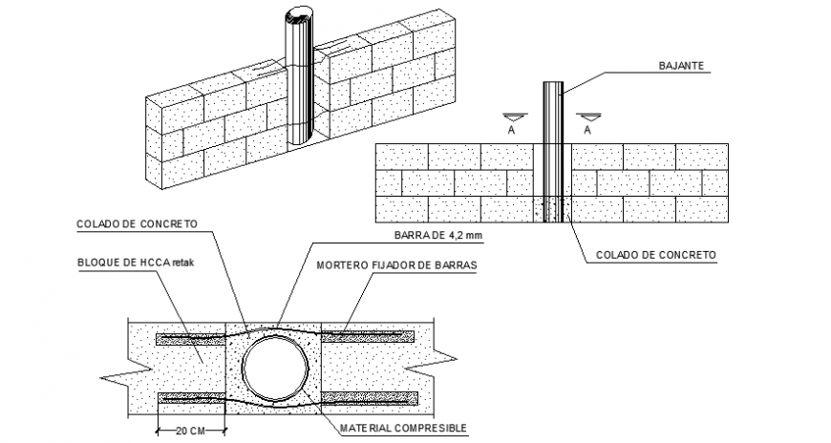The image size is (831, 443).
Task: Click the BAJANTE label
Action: pos(681,66)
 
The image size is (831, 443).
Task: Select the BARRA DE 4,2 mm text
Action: pos(438,235)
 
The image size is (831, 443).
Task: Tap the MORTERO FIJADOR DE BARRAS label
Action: pos(396,265)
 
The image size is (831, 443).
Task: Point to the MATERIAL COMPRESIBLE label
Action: pos(403,428)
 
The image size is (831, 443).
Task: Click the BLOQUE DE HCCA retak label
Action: pos(136,263)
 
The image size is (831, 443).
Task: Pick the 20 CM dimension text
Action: pos(190,431)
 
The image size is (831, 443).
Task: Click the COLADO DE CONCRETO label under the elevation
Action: pos(656,255)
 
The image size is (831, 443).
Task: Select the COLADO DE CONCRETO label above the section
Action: pos(137,224)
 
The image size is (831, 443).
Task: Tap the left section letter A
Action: pos(511,131)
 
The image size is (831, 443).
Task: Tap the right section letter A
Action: pos(587,131)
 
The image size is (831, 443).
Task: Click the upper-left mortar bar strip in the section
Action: pos(191,339)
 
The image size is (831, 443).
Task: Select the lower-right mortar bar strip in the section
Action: pos(370,398)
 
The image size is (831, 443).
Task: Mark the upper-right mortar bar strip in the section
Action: pos(368,336)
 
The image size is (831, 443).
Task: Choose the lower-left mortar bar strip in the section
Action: pos(192,398)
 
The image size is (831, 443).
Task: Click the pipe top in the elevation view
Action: pos(553,83)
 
